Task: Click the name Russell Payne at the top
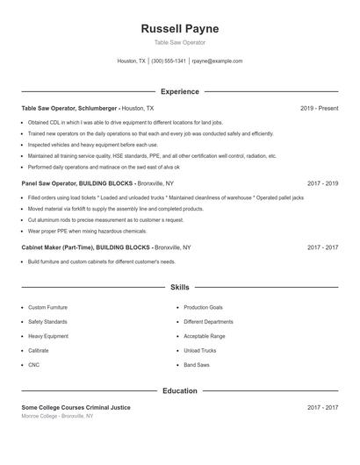[x=180, y=29]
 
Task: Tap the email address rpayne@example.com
[x=217, y=61]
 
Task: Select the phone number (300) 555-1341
[x=169, y=61]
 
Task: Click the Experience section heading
[x=180, y=91]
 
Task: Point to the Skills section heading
[x=180, y=287]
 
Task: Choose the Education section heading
[x=180, y=390]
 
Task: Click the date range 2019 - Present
[x=319, y=108]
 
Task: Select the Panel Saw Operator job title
[x=47, y=183]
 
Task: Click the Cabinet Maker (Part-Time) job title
[x=59, y=248]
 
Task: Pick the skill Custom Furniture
[x=47, y=308]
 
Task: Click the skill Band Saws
[x=197, y=364]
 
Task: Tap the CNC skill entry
[x=33, y=364]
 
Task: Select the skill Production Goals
[x=203, y=308]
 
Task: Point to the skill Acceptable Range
[x=205, y=336]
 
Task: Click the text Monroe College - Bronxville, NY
[x=57, y=416]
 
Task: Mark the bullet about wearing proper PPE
[x=87, y=231]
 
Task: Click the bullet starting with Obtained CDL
[x=125, y=123]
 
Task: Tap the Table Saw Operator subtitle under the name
[x=180, y=43]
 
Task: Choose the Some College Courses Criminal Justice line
[x=76, y=407]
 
